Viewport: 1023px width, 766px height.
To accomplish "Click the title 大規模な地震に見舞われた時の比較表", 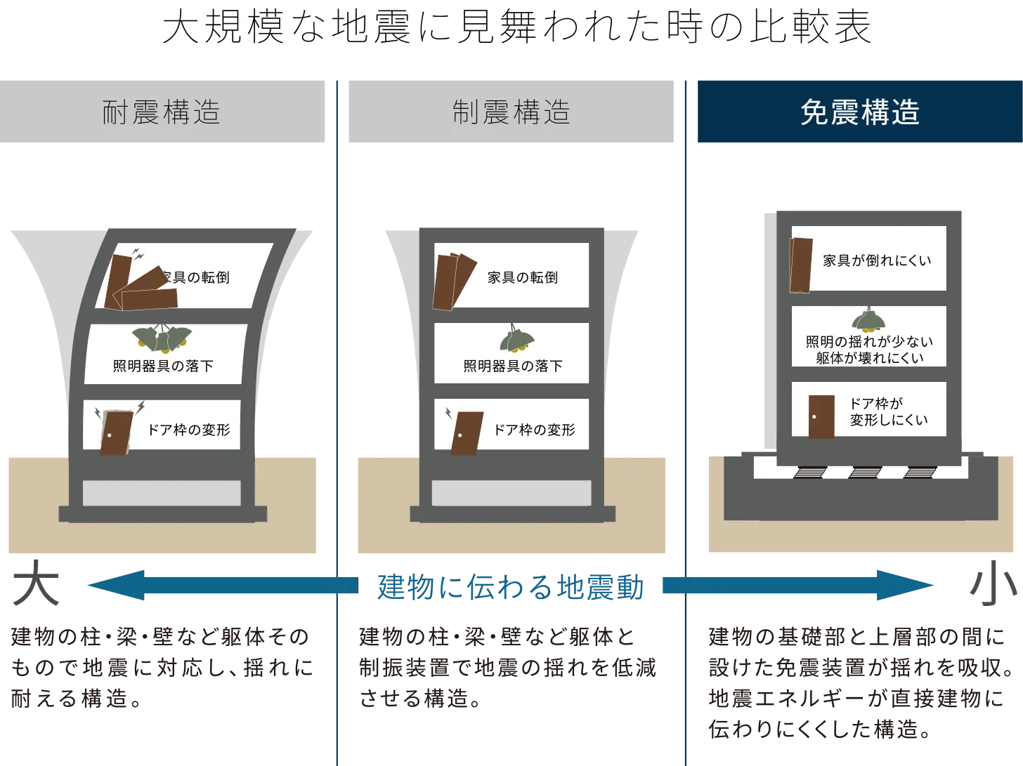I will pos(516,28).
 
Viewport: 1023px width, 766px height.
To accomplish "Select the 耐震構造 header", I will pos(162,112).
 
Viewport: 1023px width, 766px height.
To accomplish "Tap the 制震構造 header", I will pos(511,112).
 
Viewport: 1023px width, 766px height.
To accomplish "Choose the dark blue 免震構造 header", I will pos(859,112).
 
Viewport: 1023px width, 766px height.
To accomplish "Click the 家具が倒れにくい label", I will pos(877,260).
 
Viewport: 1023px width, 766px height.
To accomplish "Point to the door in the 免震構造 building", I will pos(821,416).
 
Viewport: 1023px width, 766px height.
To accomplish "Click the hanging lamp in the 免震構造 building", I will pos(868,320).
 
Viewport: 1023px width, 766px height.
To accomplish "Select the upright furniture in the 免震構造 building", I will pos(801,265).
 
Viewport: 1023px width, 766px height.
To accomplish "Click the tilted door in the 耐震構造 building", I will pos(117,432).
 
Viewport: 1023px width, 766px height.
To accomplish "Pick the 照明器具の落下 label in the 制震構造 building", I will pos(513,366).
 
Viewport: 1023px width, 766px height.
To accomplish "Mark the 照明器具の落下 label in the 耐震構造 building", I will pos(163,366).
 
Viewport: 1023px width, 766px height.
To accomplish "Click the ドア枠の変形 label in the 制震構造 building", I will pos(534,430).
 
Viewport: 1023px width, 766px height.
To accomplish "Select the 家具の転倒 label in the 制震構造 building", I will pos(523,277).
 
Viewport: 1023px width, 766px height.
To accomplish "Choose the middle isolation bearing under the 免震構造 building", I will pos(864,473).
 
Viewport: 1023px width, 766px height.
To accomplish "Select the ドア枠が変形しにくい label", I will pos(888,411).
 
